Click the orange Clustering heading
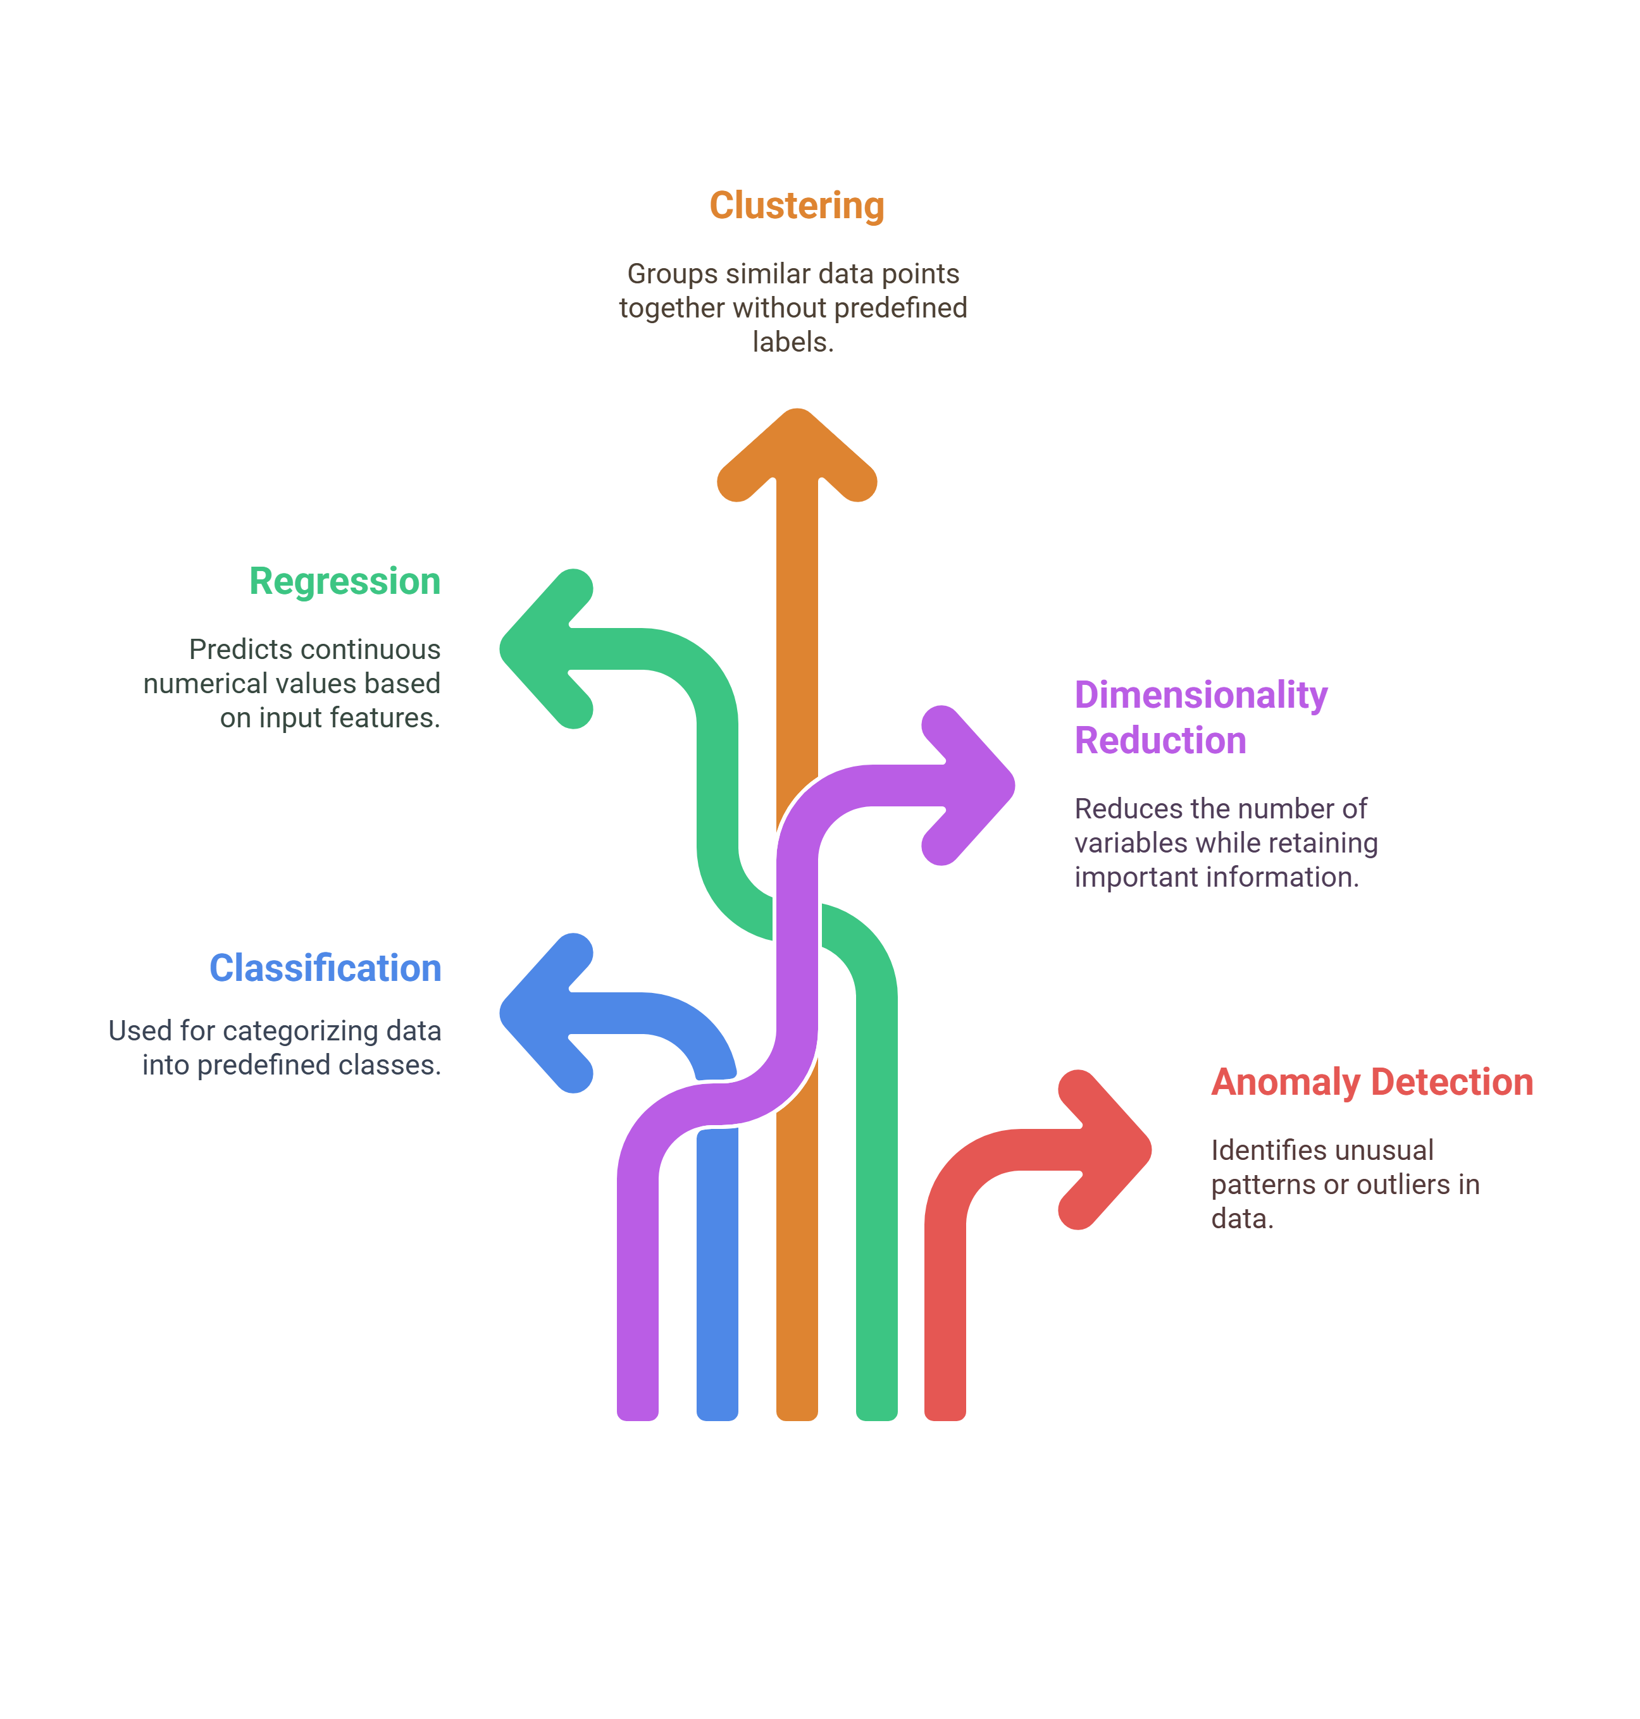coord(797,206)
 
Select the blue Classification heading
coord(325,968)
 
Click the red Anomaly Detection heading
coord(1372,1082)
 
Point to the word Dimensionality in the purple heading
coord(1201,695)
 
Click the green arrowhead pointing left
coord(545,648)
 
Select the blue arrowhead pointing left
coord(545,1013)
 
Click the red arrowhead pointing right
coord(1105,1149)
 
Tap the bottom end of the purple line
coord(637,1417)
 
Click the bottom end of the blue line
coord(717,1417)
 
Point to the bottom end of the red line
coord(945,1417)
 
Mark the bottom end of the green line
coord(877,1417)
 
